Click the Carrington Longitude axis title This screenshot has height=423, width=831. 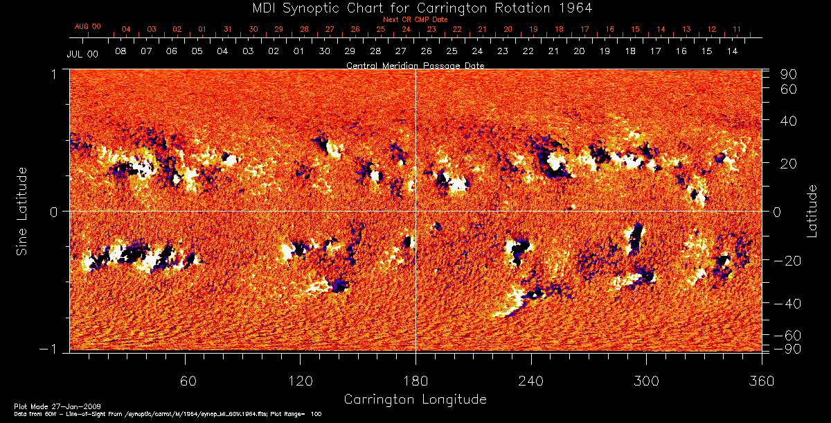[415, 399]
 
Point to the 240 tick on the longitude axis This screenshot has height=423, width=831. [530, 381]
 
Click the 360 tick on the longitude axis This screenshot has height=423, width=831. [761, 381]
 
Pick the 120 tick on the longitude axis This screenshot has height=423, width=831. [300, 381]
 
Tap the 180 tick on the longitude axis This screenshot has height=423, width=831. [415, 381]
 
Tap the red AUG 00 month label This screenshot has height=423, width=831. [88, 26]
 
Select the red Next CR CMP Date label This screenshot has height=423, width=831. [415, 19]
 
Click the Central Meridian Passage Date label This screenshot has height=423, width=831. [415, 65]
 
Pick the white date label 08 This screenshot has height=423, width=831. [120, 51]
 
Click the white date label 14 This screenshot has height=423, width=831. [732, 51]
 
